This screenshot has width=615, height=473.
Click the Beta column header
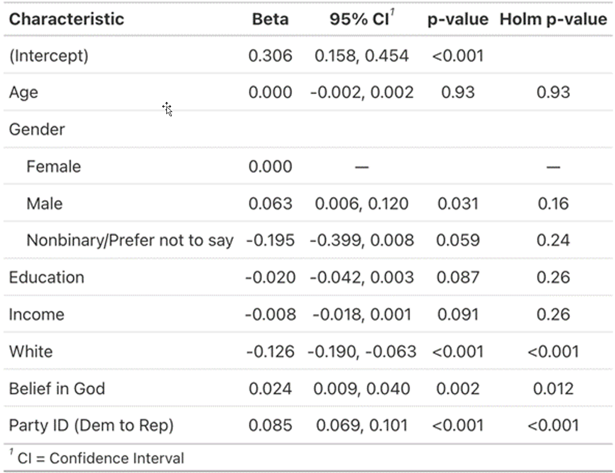coord(270,19)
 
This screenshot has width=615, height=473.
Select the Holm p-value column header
coord(553,19)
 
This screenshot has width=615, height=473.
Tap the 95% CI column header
coord(361,19)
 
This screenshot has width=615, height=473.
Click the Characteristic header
coord(66,19)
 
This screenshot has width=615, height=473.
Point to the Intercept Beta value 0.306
coord(270,56)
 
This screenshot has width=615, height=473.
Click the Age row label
coord(24,93)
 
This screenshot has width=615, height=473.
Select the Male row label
coord(44,204)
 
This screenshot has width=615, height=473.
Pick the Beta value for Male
coord(270,204)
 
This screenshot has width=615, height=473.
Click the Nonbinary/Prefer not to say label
coord(130,240)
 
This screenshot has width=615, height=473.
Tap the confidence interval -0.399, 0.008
coord(362,240)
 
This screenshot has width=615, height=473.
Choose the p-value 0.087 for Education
coord(458,277)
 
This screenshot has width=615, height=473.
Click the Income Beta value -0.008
coord(270,315)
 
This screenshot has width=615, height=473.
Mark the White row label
coord(31,352)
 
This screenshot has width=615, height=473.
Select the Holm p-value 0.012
coord(553,389)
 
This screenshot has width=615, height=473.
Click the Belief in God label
coord(57,389)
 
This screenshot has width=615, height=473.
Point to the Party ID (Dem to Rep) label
coord(91,426)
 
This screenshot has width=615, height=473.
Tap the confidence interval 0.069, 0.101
coord(362,426)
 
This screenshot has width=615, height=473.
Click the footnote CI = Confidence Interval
coord(100,459)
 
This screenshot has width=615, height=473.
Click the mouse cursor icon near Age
coord(168,109)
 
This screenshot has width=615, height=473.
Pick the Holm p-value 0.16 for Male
coord(553,204)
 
